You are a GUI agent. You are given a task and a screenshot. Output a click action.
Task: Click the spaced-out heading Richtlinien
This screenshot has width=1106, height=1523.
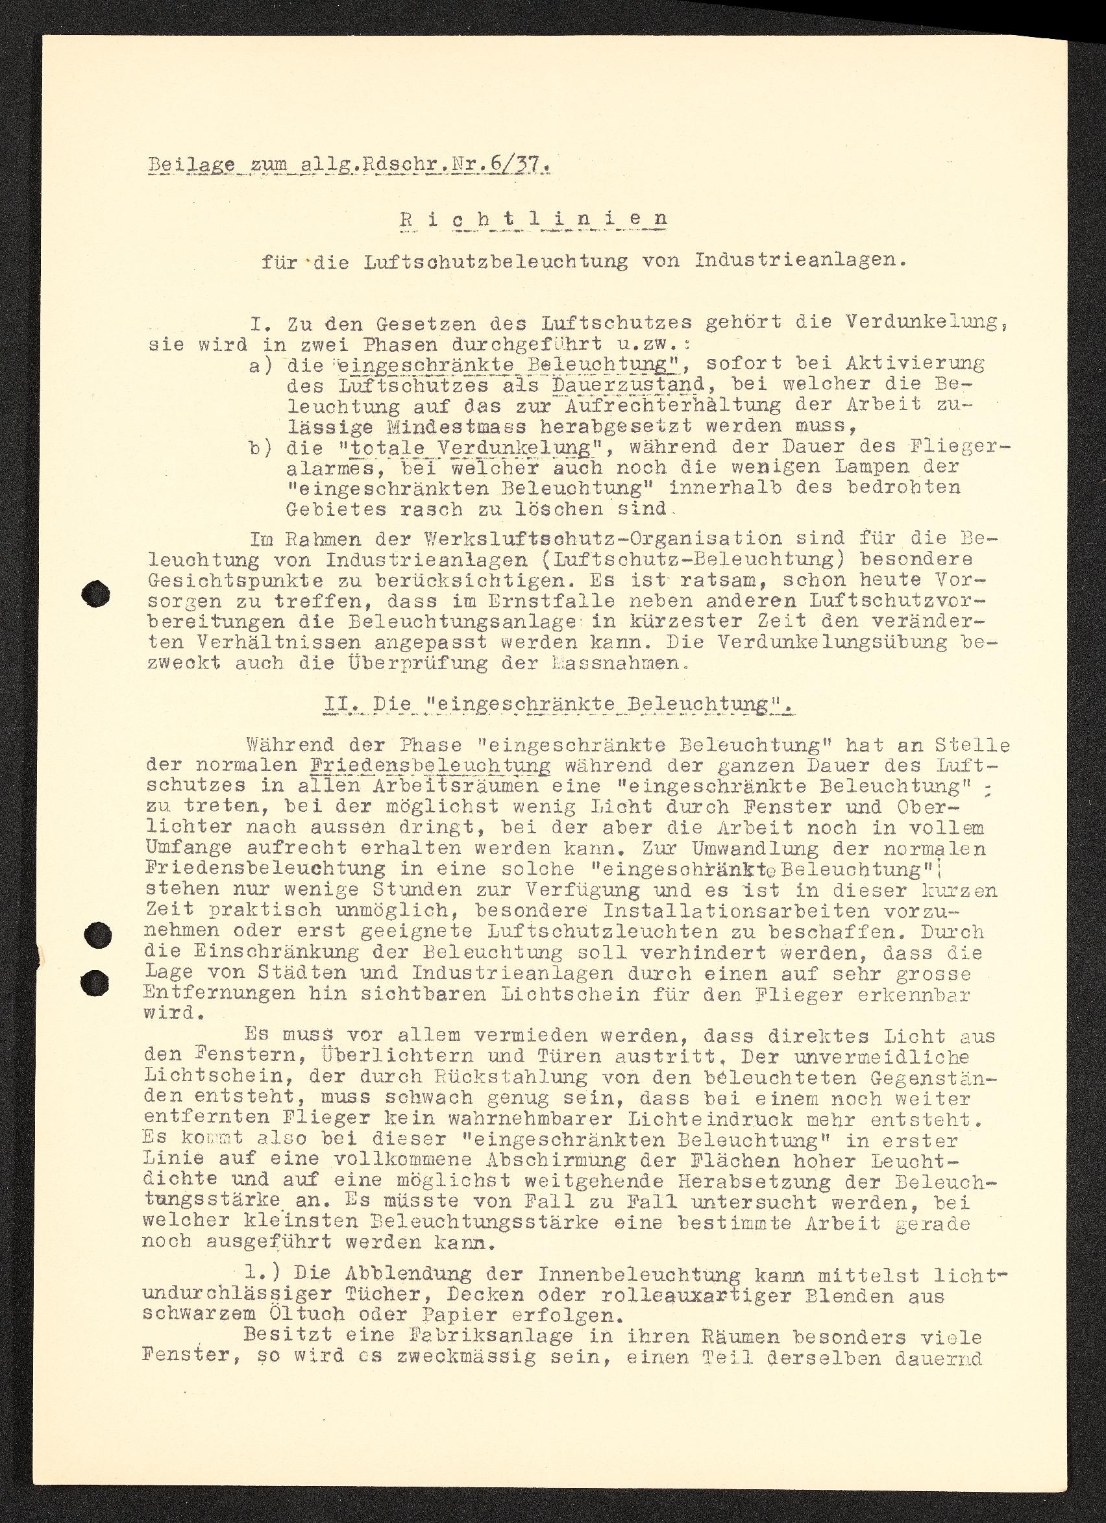click(x=534, y=219)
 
